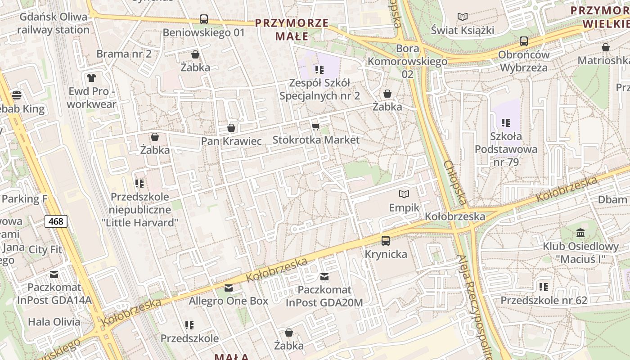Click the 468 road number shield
click(x=56, y=221)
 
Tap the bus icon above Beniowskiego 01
click(x=204, y=19)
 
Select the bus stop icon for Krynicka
click(x=386, y=241)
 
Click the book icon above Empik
click(x=404, y=194)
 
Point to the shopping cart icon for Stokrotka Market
click(x=316, y=126)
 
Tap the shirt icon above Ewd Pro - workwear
click(x=91, y=78)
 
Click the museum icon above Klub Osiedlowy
click(x=580, y=233)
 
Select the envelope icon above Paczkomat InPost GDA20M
click(x=324, y=277)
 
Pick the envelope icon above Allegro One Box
click(x=229, y=288)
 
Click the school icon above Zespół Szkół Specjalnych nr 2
click(x=319, y=70)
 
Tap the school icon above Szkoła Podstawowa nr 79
click(x=506, y=123)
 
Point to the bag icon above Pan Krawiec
click(x=231, y=128)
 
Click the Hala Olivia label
click(x=54, y=322)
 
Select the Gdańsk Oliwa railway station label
click(x=53, y=23)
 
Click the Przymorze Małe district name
click(x=291, y=29)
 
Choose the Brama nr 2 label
click(x=124, y=54)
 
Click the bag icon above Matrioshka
click(x=606, y=47)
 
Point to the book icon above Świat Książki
click(x=462, y=17)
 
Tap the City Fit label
click(x=45, y=249)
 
